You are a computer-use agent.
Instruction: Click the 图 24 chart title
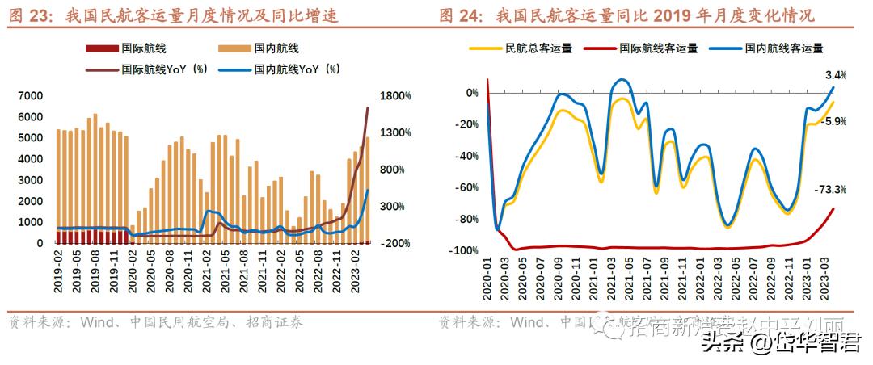point(627,15)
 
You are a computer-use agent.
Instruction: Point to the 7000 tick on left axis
point(31,96)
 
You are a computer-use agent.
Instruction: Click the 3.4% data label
point(836,75)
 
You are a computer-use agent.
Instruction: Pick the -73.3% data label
point(832,190)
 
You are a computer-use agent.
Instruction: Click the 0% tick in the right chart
point(471,93)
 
